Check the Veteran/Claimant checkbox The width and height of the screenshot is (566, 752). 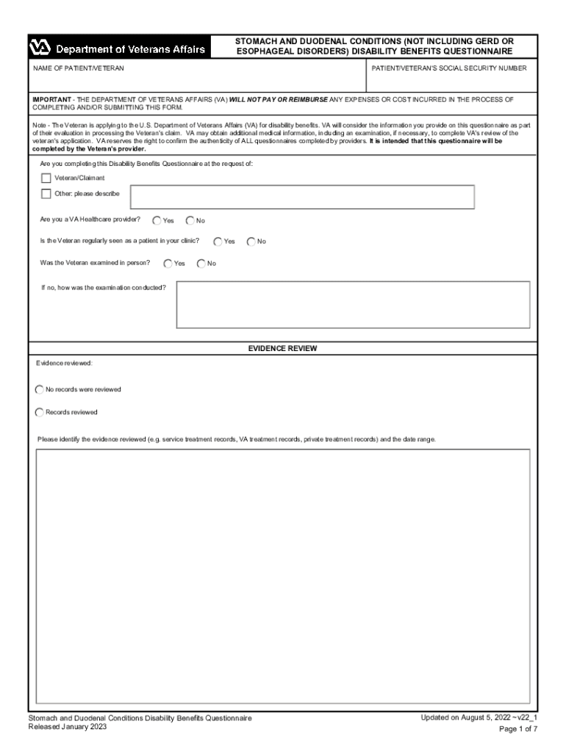coord(46,178)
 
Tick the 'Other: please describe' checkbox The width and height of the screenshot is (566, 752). coord(46,194)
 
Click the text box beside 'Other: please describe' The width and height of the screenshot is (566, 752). coord(302,197)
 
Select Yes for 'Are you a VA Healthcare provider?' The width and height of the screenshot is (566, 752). coord(157,220)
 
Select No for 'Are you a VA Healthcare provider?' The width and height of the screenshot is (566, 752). coord(190,220)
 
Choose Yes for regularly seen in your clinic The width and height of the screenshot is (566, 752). coord(218,241)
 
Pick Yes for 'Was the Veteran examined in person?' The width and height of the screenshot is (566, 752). coord(168,263)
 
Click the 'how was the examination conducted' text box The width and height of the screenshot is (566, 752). coord(353,304)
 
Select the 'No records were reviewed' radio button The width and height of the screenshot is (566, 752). coord(40,389)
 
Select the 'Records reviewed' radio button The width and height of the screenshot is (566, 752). coord(40,412)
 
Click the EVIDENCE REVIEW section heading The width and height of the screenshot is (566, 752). coord(282,349)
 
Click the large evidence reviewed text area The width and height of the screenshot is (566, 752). coord(283,576)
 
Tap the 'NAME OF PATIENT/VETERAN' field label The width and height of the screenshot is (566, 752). coord(78,68)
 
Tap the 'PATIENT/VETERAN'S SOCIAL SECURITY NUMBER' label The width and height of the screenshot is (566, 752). coord(448,68)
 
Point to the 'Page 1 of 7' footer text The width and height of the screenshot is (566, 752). coord(518,729)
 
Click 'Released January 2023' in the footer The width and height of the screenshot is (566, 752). coord(67,726)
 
